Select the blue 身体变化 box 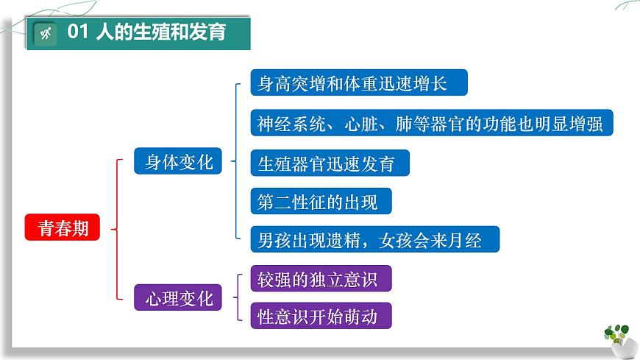[x=178, y=161]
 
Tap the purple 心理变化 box [x=178, y=298]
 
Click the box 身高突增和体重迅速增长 [x=358, y=83]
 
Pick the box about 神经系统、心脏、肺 [x=430, y=123]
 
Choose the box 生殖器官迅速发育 [x=329, y=163]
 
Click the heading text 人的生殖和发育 [x=161, y=32]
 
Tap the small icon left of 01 [x=45, y=33]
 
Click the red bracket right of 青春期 [x=118, y=229]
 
